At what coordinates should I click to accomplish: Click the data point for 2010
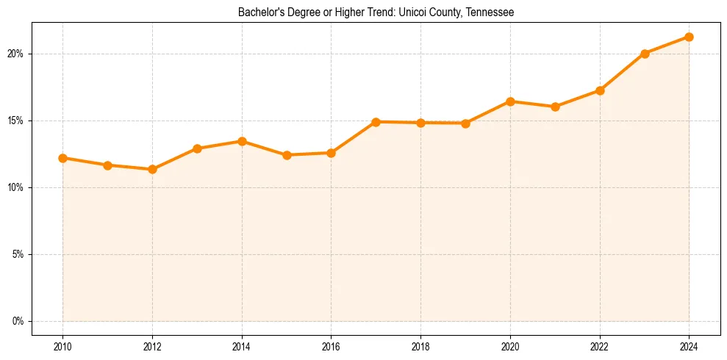coord(62,158)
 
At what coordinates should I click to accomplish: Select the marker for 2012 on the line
coord(152,170)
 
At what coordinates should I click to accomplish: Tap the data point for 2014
coord(242,141)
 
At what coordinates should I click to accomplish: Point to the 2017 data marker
coord(376,122)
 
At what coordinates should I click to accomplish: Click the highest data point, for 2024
coord(689,37)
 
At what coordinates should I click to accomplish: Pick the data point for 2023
coord(645,54)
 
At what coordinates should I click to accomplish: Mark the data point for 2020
coord(510,101)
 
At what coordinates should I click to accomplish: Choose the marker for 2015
coord(287,155)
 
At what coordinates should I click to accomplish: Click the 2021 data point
coord(555,107)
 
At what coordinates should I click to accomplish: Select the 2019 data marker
coord(465,123)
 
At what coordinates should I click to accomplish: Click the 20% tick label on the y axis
coord(17,54)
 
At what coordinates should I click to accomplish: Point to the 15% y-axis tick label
coord(17,120)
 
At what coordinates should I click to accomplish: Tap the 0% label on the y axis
coord(19,321)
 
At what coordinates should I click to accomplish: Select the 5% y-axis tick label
coord(19,254)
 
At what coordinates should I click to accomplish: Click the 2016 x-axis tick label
coord(331,346)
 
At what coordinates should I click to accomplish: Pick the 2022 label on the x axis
coord(600,346)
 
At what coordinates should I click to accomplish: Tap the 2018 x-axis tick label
coord(420,346)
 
